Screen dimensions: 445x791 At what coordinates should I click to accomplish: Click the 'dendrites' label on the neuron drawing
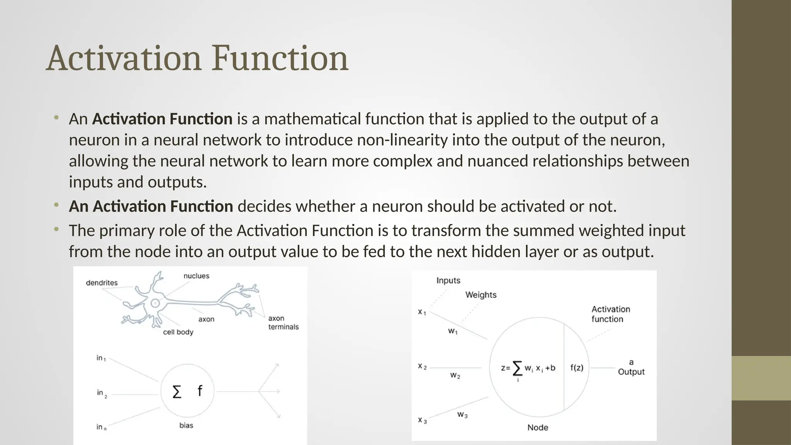click(102, 283)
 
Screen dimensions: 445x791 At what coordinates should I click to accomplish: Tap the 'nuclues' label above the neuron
click(196, 276)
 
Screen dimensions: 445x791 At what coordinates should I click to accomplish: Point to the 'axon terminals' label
click(283, 323)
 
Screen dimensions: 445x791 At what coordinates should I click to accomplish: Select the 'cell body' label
click(178, 332)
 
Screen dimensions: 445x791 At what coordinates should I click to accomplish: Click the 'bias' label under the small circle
click(186, 425)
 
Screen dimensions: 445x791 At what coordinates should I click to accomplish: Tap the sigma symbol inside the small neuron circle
click(177, 392)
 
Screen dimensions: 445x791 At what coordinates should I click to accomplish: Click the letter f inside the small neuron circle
click(200, 391)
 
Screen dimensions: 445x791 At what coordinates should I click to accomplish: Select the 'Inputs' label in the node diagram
click(448, 280)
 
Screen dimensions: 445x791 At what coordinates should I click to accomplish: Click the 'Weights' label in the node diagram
click(480, 295)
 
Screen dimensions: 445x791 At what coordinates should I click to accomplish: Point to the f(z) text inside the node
click(577, 368)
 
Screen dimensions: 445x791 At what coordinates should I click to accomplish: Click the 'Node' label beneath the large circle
click(538, 427)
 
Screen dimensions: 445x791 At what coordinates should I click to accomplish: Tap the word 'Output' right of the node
click(631, 372)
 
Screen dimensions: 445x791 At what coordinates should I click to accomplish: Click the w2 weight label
click(455, 375)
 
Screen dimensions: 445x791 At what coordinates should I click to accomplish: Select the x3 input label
click(422, 420)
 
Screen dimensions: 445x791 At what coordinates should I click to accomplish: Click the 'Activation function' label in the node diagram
click(610, 314)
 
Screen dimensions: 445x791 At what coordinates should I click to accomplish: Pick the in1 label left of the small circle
click(101, 358)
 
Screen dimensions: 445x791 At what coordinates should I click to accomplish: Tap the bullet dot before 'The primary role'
click(56, 229)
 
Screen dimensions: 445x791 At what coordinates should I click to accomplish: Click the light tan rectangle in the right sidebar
click(761, 378)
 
